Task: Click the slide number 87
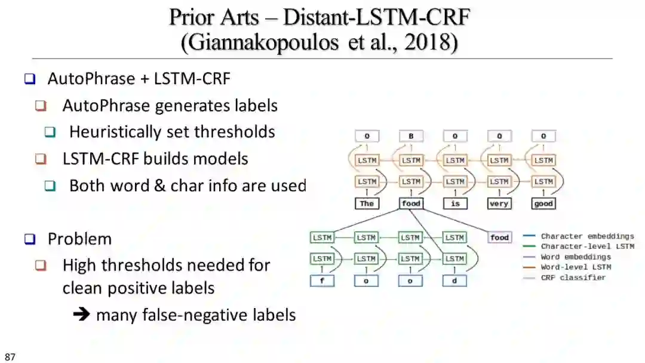(10, 357)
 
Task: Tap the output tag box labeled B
(411, 136)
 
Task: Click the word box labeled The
(367, 203)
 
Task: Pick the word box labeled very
(499, 203)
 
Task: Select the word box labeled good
(543, 203)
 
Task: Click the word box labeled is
(455, 203)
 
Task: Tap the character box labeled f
(322, 280)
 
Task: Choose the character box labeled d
(454, 280)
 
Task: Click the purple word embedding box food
(499, 237)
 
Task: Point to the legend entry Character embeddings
(587, 236)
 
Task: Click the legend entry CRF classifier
(573, 277)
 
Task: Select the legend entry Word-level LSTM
(576, 267)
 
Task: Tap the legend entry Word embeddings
(576, 257)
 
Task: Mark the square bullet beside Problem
(30, 239)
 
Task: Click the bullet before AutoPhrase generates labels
(41, 106)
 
